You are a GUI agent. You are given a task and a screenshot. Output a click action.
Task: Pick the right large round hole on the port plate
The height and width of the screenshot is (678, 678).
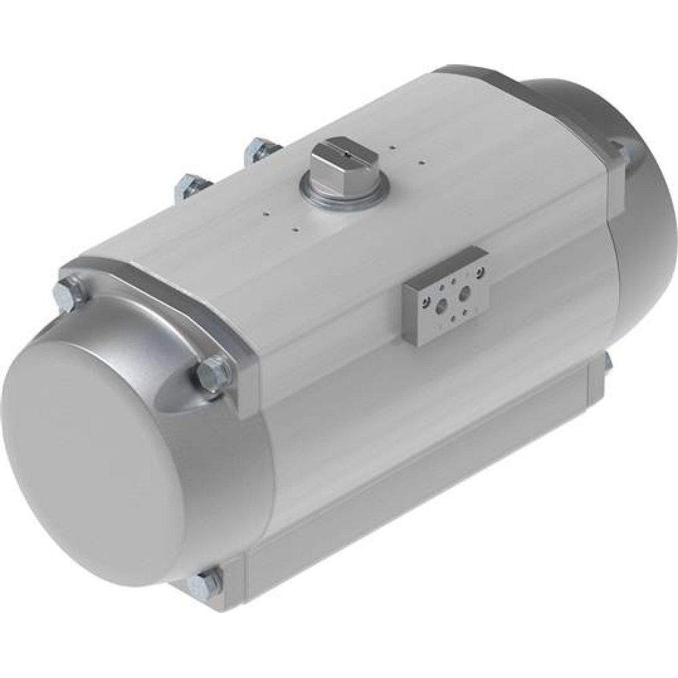point(465,294)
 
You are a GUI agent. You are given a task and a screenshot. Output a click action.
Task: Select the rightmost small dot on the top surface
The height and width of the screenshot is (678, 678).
point(422,162)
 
